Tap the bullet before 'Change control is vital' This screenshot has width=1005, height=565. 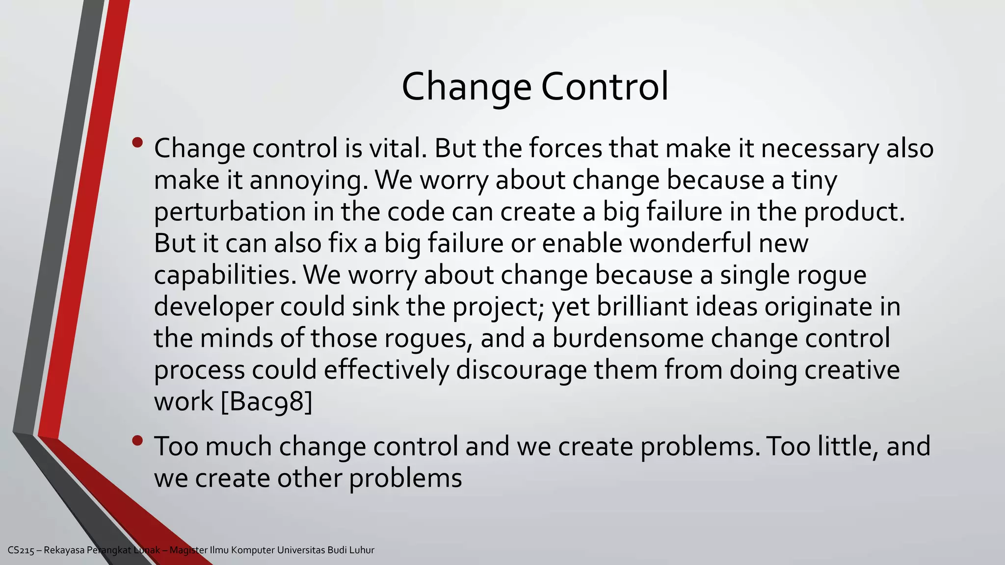[x=137, y=143]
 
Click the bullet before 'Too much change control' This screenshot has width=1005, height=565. [x=137, y=441]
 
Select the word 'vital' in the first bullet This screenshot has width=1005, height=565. [x=397, y=148]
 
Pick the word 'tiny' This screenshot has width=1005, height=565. [x=814, y=180]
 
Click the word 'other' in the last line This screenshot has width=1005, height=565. [x=310, y=478]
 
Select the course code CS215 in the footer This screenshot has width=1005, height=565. [x=21, y=550]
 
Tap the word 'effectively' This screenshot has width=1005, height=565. [x=386, y=370]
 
